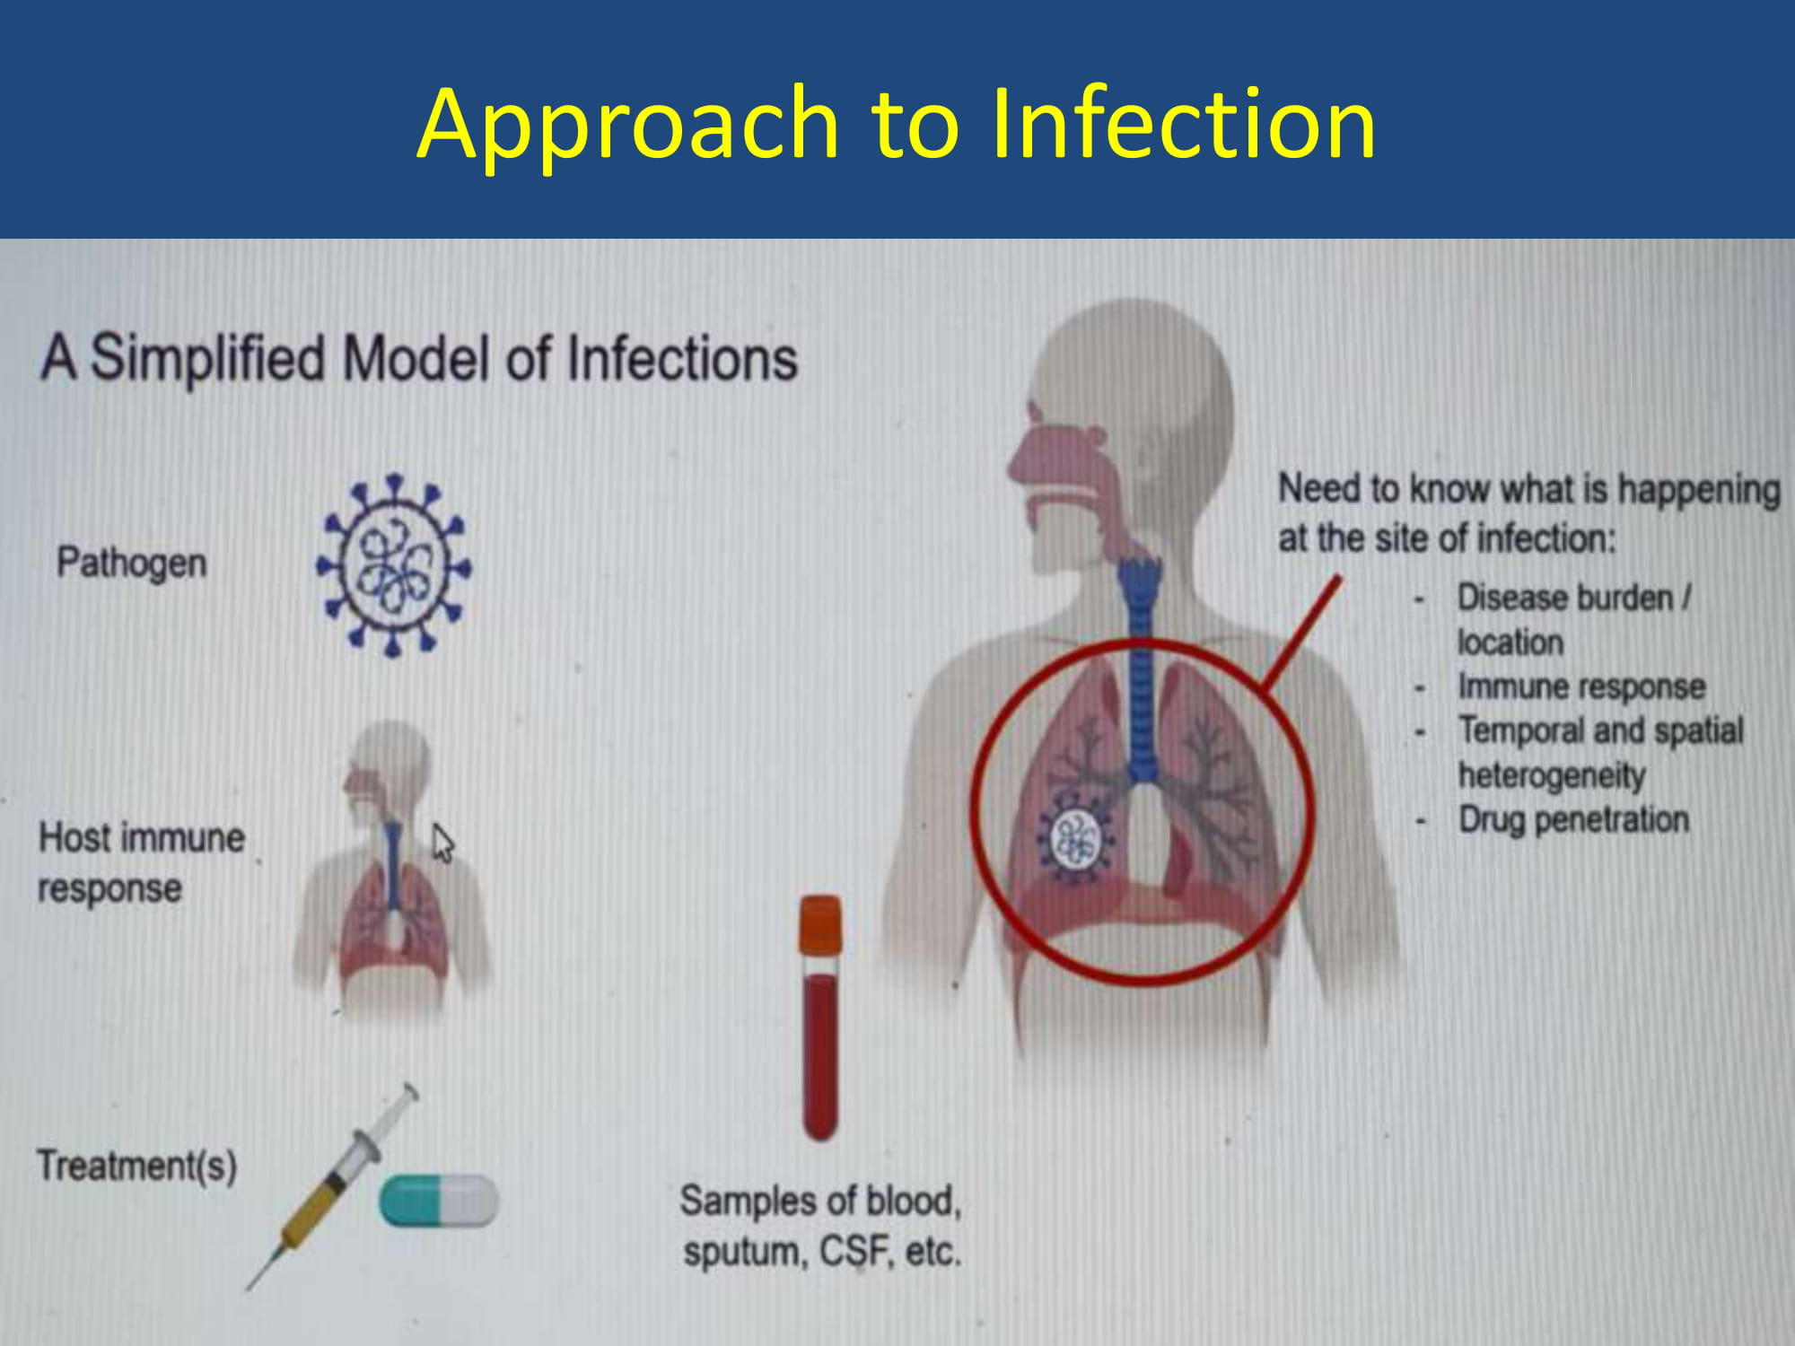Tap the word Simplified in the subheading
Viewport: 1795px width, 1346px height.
coord(207,359)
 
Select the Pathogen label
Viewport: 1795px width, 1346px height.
coord(132,564)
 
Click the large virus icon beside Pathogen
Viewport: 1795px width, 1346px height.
coord(393,565)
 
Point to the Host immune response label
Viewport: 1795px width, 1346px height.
coord(141,862)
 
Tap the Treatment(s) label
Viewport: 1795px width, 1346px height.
coord(136,1166)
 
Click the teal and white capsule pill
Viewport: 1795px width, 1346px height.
coord(438,1201)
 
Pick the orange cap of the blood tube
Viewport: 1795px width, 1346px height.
coord(820,924)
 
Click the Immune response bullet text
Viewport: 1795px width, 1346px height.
coord(1581,686)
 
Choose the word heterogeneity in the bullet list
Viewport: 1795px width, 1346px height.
coord(1552,775)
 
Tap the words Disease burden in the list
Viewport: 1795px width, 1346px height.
coord(1564,598)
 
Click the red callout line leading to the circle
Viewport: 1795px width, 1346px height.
coord(1300,636)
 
